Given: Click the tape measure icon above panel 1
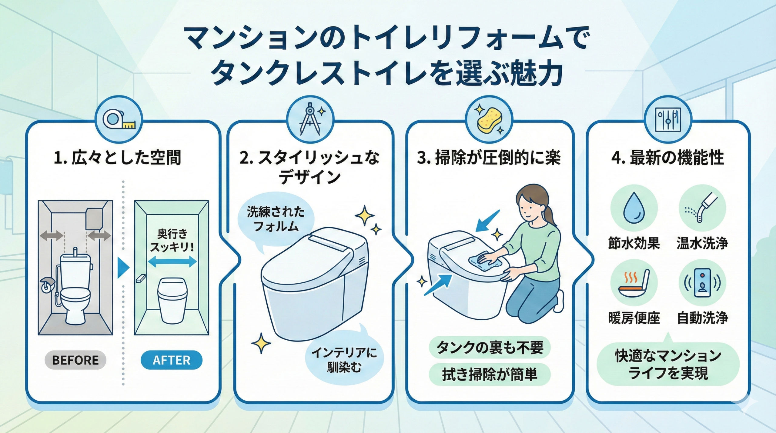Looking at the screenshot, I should (119, 119).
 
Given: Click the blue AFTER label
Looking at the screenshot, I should (172, 360).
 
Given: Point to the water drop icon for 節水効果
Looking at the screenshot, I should (634, 208).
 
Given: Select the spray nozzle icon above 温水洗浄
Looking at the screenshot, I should (702, 208).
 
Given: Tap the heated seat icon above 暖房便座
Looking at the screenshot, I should (634, 283).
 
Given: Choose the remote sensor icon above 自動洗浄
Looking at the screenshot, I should (702, 283).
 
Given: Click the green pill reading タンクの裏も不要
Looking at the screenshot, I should (489, 348).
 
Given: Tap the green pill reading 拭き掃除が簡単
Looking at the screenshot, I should (489, 375).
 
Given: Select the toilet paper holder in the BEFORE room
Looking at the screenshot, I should (47, 284).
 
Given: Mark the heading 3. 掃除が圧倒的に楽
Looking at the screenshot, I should (489, 158).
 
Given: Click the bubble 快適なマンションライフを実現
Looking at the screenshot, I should (668, 364).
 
